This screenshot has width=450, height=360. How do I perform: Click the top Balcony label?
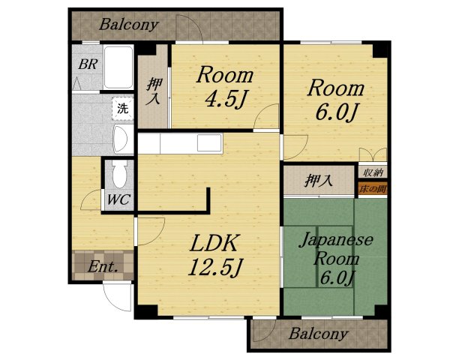[129, 25]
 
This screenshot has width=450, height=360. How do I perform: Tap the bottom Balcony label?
[319, 334]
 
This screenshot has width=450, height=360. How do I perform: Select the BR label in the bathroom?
[88, 64]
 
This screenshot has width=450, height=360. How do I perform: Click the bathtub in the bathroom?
[118, 67]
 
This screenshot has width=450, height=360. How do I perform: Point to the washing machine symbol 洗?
[123, 108]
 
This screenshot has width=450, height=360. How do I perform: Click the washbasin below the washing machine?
[121, 139]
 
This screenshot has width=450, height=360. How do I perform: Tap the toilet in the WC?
[120, 174]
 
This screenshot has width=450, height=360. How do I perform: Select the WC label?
[118, 199]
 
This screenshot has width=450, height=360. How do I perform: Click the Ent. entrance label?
[103, 267]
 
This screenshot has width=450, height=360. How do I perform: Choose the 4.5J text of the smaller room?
[226, 99]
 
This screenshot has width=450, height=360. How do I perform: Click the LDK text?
[214, 243]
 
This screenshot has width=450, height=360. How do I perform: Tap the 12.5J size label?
[215, 267]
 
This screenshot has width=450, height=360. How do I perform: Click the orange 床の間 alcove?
[373, 189]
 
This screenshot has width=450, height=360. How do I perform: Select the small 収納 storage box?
[373, 172]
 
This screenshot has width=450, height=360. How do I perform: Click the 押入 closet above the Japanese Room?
[319, 181]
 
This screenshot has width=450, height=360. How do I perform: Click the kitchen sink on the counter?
[209, 142]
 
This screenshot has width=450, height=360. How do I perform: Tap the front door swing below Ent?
[117, 298]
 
